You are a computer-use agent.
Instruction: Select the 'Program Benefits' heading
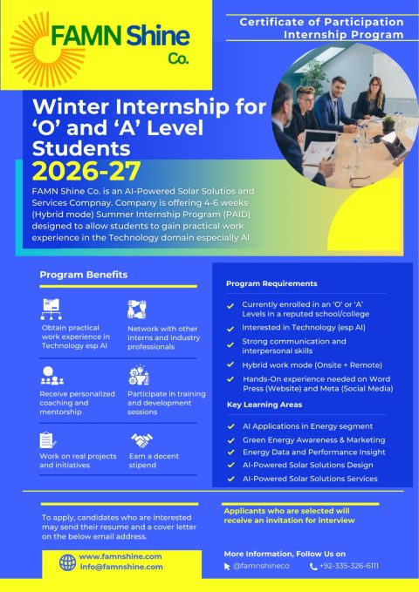(x=84, y=275)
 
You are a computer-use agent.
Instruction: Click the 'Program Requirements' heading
(x=271, y=283)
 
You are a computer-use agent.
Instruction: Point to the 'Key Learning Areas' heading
(x=265, y=405)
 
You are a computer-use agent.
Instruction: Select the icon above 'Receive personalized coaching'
(x=52, y=376)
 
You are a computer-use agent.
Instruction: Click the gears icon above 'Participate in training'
(x=138, y=376)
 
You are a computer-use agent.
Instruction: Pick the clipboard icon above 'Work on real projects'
(x=48, y=439)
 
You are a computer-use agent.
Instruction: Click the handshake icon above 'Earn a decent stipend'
(x=141, y=440)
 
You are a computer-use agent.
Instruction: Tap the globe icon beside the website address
(x=66, y=561)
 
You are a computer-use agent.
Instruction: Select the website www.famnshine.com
(x=120, y=555)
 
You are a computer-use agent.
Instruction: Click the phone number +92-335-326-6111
(x=349, y=566)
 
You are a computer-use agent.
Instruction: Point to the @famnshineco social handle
(x=261, y=566)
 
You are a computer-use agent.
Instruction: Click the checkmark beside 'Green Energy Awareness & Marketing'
(x=231, y=439)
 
